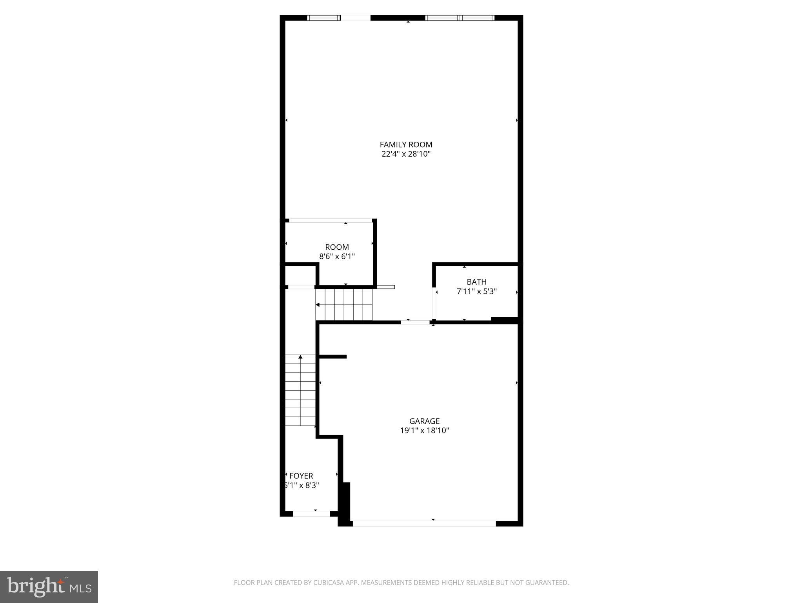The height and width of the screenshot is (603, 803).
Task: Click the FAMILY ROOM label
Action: coord(406,144)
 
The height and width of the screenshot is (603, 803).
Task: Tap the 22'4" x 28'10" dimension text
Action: coord(406,154)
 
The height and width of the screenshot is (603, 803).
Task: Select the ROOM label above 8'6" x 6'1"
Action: coord(337,247)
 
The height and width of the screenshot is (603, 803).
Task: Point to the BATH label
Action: coord(476,282)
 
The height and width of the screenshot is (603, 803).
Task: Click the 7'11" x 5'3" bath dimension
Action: coord(476,292)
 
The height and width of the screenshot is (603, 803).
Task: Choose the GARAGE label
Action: coord(424,421)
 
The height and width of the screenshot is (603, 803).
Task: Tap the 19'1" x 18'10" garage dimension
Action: coord(424,431)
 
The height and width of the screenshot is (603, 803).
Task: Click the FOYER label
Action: coord(301,476)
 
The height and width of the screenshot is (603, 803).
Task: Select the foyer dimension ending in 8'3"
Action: coord(302,486)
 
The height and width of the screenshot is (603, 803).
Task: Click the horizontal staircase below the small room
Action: coord(344,305)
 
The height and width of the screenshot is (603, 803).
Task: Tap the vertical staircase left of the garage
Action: coord(300,390)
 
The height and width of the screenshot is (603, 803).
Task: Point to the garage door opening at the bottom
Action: coord(424,523)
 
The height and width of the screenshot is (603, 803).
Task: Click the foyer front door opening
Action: coord(311,513)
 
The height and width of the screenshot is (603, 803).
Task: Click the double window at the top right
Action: coord(460,18)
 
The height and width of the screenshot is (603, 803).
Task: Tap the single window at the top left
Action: coord(324,18)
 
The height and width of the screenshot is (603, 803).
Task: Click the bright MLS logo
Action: coord(49,587)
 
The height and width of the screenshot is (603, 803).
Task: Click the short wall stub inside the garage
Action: coord(333,356)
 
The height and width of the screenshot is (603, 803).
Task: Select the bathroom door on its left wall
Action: coord(434,304)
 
